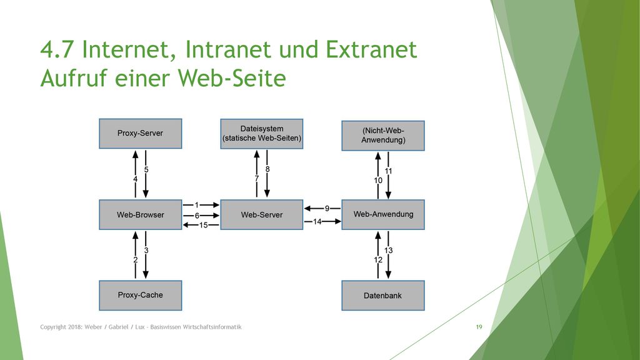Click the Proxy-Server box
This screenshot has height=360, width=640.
point(141,134)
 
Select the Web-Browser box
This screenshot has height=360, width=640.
point(141,215)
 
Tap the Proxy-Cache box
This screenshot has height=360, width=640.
point(141,295)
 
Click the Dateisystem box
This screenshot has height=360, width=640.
point(262,134)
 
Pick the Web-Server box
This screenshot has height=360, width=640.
point(262,215)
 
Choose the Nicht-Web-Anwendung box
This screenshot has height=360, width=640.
point(383,136)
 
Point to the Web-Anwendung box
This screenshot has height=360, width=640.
point(383,215)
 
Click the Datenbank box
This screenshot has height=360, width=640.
point(383,295)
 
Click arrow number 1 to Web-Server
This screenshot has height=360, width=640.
point(201,205)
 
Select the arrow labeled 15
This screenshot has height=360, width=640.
point(201,225)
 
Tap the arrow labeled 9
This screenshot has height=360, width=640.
point(322,209)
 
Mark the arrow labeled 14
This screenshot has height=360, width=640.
point(322,222)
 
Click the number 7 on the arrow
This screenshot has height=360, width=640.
point(257,178)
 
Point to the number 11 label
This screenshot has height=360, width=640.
point(389,171)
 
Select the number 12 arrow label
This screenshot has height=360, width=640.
point(378,260)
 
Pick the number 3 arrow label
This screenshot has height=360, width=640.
point(146,250)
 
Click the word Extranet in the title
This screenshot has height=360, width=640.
point(371,49)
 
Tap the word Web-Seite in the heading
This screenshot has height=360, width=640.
point(232,78)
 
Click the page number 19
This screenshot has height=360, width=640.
point(479,327)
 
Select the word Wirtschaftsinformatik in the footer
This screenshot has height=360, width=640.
point(212,327)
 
